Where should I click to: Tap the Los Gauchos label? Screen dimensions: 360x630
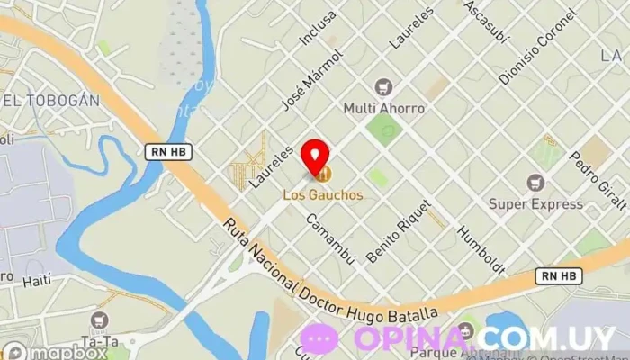click(323, 193)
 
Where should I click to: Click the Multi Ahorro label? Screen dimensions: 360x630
click(384, 108)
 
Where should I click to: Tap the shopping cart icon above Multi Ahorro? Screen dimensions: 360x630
click(384, 87)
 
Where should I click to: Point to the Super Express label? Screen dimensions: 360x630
click(536, 204)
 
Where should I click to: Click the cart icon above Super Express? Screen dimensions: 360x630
click(536, 184)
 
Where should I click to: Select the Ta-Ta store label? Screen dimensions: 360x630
click(100, 341)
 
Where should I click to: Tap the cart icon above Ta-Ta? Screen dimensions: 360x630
click(99, 320)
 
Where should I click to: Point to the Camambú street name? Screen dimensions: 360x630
click(329, 238)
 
